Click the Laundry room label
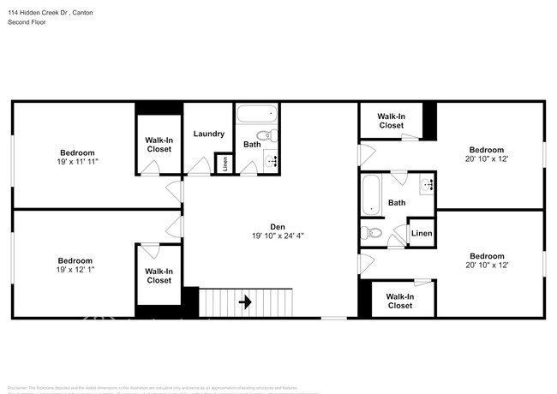(209, 134)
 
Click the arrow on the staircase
(246, 301)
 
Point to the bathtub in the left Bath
(256, 114)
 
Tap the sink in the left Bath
(273, 159)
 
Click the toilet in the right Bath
(374, 233)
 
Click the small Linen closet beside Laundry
(225, 163)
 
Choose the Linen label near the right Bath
(421, 233)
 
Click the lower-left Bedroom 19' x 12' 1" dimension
(75, 270)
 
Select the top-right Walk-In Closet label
(391, 121)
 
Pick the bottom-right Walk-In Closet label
(399, 301)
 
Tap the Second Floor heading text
(28, 22)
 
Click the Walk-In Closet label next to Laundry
(159, 144)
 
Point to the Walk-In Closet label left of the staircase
(159, 276)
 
